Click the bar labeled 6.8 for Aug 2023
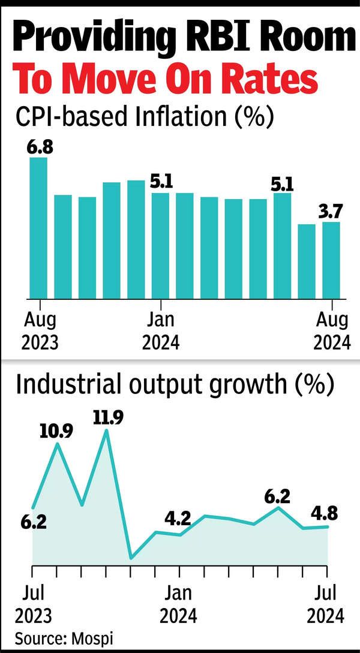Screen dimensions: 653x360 (x=38, y=228)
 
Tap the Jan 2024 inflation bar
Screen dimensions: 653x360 (x=160, y=245)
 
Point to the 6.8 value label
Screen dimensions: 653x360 (x=40, y=146)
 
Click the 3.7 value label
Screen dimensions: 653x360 (x=331, y=210)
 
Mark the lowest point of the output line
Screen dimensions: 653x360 (x=131, y=558)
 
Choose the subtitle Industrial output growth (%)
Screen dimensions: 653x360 (x=174, y=384)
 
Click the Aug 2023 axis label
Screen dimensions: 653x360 (x=40, y=331)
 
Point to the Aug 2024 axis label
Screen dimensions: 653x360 (x=331, y=331)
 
